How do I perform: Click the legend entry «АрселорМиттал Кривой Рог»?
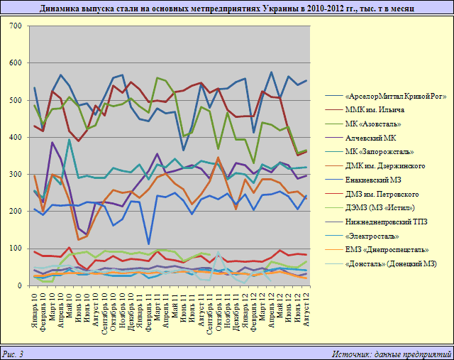395,97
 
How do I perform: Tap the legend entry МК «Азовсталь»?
376,124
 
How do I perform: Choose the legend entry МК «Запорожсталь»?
380,152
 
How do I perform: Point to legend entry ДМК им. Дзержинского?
384,165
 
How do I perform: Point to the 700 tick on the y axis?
15,26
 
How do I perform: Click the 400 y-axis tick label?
15,137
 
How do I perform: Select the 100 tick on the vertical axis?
15,249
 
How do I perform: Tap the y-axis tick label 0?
20,285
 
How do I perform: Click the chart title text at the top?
227,9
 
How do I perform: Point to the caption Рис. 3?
13,353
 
